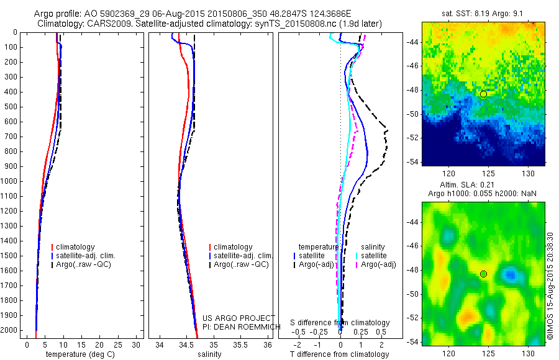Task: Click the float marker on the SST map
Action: pos(483,94)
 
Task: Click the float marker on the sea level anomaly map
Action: pos(483,274)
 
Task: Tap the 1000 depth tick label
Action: pos(10,181)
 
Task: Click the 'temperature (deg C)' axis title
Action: pos(78,354)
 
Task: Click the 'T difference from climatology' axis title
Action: pos(340,354)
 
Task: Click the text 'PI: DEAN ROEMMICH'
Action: pos(237,326)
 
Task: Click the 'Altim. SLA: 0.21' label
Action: pos(483,186)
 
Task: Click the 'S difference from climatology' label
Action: pos(340,323)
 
